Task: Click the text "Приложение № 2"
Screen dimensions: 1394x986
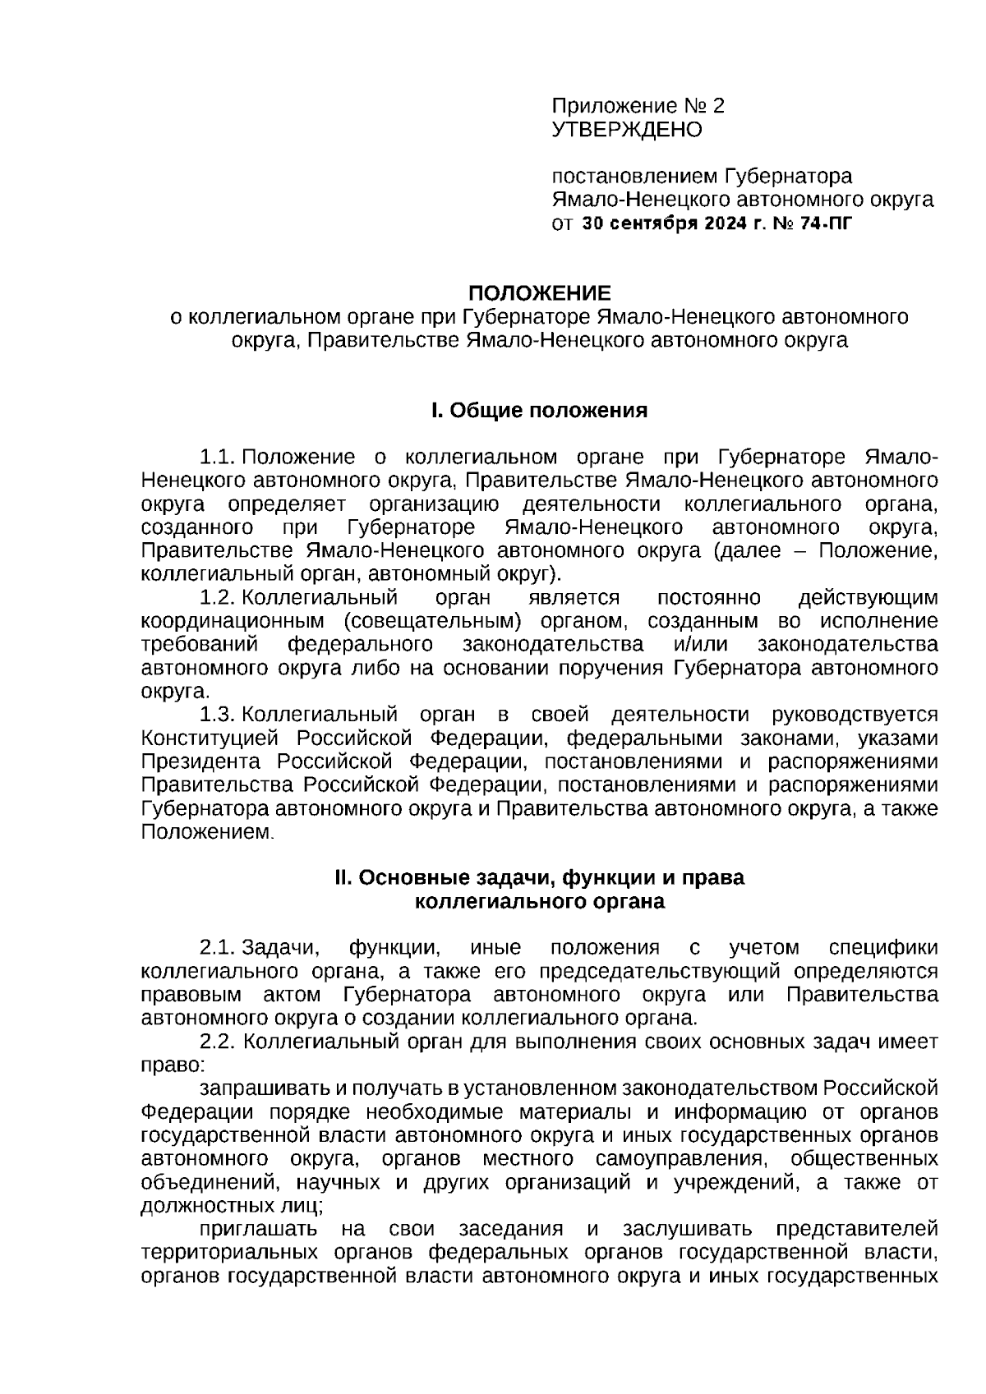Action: (x=638, y=106)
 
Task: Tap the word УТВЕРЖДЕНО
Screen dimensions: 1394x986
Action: (x=627, y=130)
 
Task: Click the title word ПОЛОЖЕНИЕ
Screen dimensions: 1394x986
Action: (x=539, y=293)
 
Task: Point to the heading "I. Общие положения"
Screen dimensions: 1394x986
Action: (x=539, y=411)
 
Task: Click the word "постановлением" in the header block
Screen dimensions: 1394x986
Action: (x=634, y=177)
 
